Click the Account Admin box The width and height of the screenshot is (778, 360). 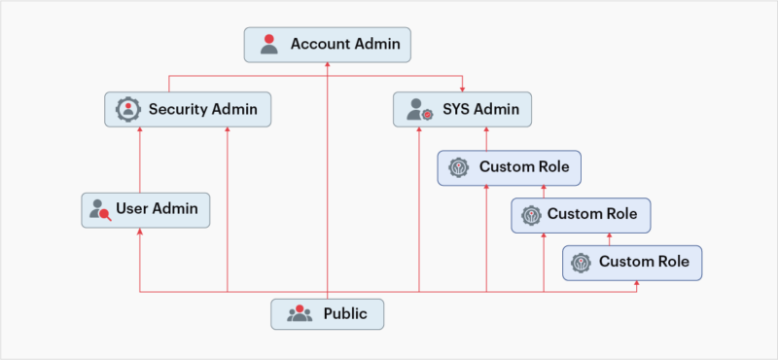coord(328,44)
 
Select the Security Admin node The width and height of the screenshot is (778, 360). coord(188,109)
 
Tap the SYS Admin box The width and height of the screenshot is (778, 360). coord(463,109)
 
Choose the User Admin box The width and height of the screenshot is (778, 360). coord(145,208)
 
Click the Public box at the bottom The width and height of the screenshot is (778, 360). coord(327,313)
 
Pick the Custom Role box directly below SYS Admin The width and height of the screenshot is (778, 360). coord(510,167)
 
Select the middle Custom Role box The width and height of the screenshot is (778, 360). coord(581,214)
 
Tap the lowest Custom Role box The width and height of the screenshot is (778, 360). coord(631,262)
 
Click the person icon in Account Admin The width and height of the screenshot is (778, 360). coord(269,44)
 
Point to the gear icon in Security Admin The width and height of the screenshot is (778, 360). coord(128,109)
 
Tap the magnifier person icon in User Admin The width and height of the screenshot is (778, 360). coord(99,208)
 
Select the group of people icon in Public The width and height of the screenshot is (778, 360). coord(300,313)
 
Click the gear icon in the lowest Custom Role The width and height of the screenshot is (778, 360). coord(581,262)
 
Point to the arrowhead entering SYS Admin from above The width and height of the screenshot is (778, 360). coord(463,89)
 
